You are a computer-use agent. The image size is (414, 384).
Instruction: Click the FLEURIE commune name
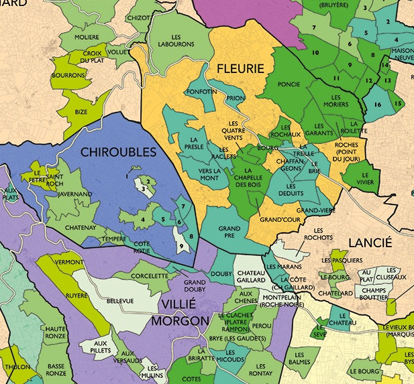240,68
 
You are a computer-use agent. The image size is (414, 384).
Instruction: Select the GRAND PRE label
229,232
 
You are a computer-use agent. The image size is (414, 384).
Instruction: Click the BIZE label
81,114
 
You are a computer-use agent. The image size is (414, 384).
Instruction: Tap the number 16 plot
378,105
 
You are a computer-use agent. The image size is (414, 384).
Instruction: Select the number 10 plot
315,52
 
